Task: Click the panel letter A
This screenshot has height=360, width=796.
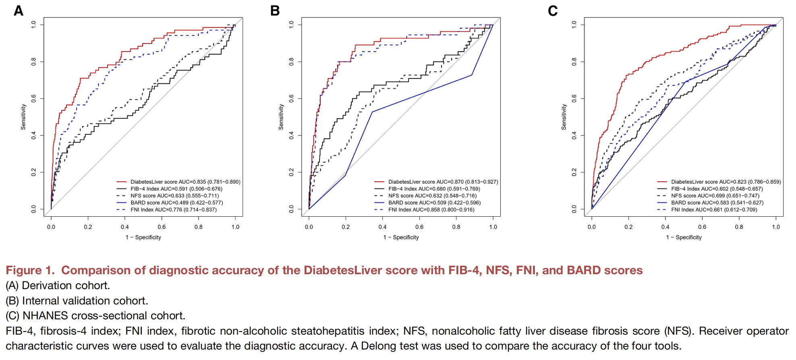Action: (x=19, y=11)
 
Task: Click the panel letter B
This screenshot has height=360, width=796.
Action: (x=275, y=11)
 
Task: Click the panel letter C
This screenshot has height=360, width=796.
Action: (x=553, y=11)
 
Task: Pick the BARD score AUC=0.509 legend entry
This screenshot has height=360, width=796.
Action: (x=434, y=203)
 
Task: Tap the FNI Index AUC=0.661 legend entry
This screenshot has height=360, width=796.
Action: (x=714, y=210)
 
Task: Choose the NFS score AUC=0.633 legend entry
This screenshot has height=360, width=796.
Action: (x=174, y=196)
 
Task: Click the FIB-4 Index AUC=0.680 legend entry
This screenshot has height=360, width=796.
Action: (x=434, y=189)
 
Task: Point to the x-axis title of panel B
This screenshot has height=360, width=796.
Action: (x=401, y=238)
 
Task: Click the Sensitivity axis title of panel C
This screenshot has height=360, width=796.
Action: (x=564, y=117)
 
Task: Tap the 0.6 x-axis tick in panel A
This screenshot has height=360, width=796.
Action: (x=162, y=227)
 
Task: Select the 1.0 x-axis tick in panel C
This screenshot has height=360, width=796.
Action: (x=776, y=227)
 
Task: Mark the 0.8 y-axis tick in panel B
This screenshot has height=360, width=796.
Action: (x=291, y=62)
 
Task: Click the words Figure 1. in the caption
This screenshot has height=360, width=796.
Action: (x=30, y=270)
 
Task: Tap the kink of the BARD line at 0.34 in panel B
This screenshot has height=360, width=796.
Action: (x=372, y=112)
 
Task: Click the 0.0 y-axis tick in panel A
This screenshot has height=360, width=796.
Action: (x=33, y=209)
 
